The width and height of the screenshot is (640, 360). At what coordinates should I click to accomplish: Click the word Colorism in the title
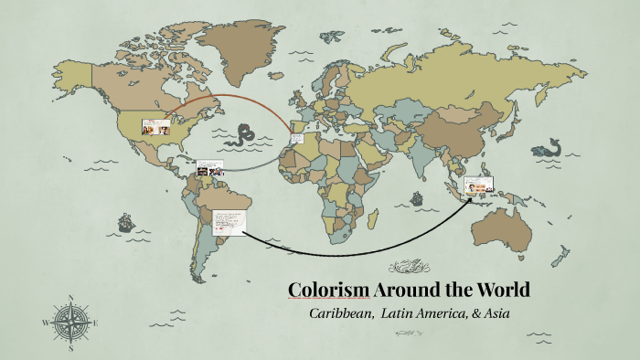tap(329, 291)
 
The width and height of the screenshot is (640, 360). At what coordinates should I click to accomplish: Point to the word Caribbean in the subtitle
tap(340, 314)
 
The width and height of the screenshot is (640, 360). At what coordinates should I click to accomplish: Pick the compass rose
tap(70, 322)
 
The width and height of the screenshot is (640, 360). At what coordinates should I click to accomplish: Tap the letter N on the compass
tap(70, 297)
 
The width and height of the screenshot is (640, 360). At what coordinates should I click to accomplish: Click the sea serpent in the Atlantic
tap(244, 135)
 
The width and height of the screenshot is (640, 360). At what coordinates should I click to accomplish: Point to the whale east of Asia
tap(549, 146)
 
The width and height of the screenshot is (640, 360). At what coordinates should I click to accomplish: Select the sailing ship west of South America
tap(125, 222)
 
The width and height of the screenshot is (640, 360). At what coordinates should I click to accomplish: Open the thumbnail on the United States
tap(155, 127)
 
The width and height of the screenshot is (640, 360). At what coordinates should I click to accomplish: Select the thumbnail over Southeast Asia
tap(476, 187)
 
